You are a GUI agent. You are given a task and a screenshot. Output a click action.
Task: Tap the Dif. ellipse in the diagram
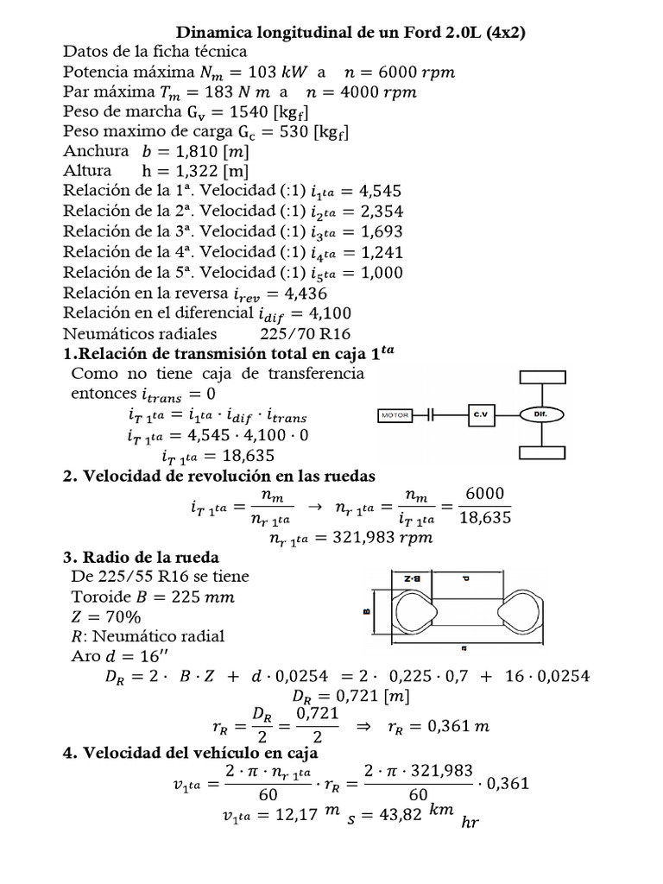pos(541,414)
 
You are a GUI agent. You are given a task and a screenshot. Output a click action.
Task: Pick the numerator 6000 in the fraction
pos(486,494)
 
